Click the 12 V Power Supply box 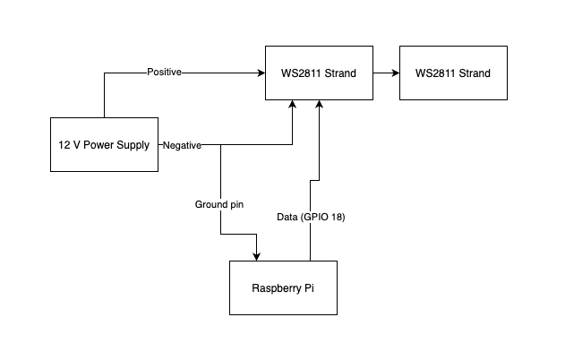coord(105,144)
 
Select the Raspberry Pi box coord(283,287)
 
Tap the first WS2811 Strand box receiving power coord(319,73)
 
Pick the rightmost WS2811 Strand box coord(453,73)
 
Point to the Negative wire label coord(182,145)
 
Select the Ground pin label coord(219,205)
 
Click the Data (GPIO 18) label coord(312,216)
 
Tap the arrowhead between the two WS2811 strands coord(395,73)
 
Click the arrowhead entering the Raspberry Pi coord(257,256)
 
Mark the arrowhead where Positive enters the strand coord(261,73)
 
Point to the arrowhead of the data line coord(319,105)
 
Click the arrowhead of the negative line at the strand coord(293,105)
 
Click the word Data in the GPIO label coord(286,216)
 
